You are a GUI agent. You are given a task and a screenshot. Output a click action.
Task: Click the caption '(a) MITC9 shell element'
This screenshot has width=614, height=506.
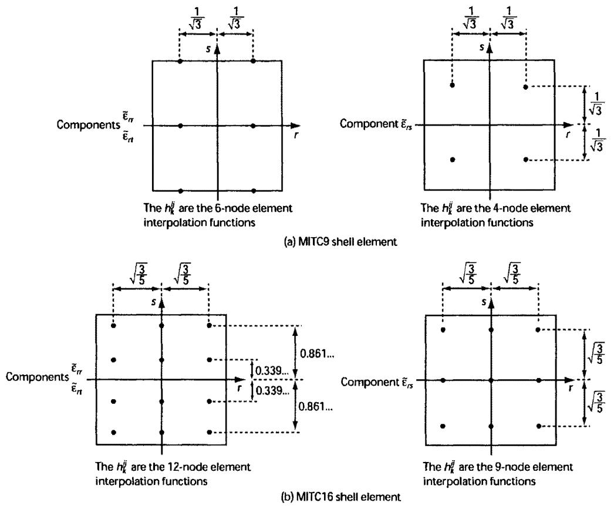pos(340,242)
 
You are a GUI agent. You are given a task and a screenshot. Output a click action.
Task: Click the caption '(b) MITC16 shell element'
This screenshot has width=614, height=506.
pos(340,497)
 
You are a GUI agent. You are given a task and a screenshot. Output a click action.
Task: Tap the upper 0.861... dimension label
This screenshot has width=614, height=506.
pos(317,354)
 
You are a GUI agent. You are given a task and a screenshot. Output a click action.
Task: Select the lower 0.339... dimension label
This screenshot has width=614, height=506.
pos(272,390)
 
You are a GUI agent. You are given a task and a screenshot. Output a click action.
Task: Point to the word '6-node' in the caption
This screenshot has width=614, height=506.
pos(230,208)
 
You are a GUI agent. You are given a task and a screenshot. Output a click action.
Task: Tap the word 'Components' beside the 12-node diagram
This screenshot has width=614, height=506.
pos(37,377)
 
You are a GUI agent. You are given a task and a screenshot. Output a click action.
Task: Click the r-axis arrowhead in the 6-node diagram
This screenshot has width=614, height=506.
pos(295,126)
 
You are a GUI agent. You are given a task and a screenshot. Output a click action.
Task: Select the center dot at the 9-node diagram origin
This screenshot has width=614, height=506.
pos(491,380)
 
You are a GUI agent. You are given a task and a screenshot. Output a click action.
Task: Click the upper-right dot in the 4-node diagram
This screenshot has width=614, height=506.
pos(525,86)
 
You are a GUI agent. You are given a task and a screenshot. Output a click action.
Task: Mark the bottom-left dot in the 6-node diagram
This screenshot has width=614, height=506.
pos(180,191)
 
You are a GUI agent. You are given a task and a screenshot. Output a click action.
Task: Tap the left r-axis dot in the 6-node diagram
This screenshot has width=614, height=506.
pos(180,126)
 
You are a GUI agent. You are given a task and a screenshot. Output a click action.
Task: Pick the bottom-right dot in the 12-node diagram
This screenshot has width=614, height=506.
pos(209,432)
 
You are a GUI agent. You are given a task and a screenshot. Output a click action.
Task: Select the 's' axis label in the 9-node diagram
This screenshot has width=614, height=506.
pos(484,302)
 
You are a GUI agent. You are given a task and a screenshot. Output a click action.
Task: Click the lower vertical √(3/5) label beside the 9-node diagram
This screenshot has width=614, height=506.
pos(596,402)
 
